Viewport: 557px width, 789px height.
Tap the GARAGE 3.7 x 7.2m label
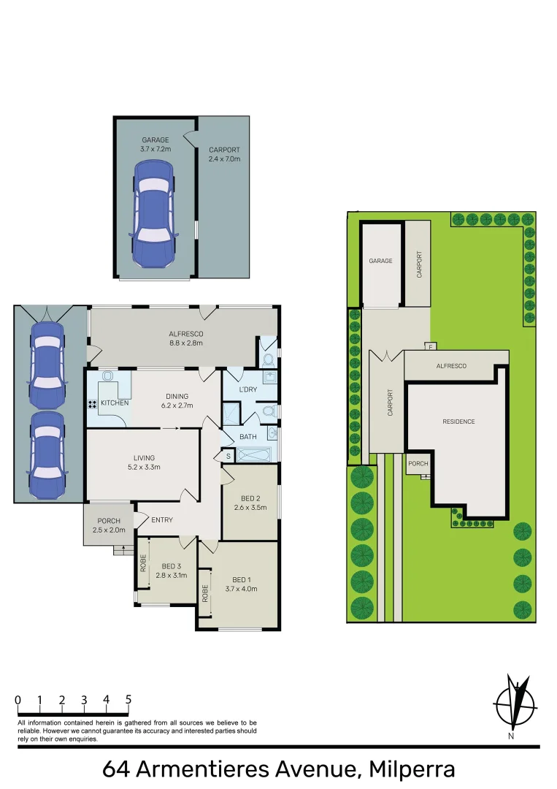(155, 145)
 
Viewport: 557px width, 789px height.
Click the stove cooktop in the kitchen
(93, 404)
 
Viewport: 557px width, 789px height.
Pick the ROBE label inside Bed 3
(143, 563)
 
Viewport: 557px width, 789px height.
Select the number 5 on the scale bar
(128, 700)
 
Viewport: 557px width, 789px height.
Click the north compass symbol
(517, 704)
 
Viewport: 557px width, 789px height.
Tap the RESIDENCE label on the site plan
(458, 422)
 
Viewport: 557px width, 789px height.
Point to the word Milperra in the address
(413, 769)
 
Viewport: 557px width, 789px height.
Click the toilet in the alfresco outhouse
(267, 359)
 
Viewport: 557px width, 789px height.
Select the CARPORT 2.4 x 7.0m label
(224, 154)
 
